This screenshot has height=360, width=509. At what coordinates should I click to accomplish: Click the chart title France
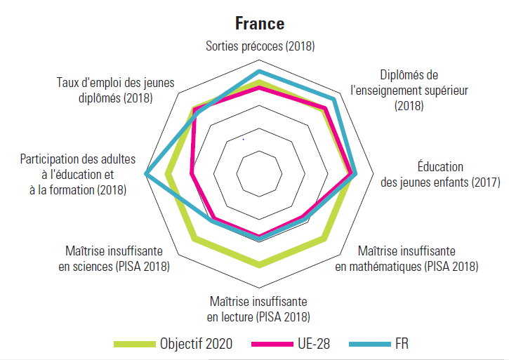point(260,23)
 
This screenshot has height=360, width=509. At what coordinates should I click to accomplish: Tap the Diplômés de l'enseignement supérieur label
point(409,90)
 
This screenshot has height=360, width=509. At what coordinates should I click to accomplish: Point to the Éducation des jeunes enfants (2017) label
point(440,175)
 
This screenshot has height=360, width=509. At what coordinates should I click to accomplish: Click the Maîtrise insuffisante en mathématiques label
point(406,258)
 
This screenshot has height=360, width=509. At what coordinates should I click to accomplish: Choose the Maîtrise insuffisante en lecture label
point(260,309)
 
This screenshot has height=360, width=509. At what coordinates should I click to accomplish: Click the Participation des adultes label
point(78,175)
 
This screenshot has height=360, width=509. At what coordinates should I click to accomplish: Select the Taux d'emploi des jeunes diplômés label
point(115,90)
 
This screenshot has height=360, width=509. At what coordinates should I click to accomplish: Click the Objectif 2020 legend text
point(196,344)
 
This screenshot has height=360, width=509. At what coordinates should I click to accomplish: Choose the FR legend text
point(402,344)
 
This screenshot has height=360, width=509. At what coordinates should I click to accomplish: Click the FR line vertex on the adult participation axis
point(146,173)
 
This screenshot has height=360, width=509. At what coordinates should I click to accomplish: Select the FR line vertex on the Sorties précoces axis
point(260,72)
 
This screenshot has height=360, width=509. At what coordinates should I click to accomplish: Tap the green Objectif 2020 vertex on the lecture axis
point(260,265)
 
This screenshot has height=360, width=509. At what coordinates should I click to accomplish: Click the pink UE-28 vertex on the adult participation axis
point(191,173)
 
